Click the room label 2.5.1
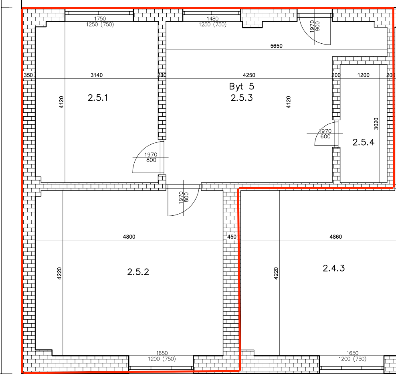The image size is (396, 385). pyautogui.click(x=98, y=98)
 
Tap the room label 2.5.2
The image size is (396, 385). pyautogui.click(x=138, y=272)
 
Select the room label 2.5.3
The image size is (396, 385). pyautogui.click(x=241, y=98)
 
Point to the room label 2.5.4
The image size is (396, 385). pyautogui.click(x=364, y=142)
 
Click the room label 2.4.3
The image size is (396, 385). pyautogui.click(x=333, y=268)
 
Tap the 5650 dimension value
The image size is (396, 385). pyautogui.click(x=276, y=46)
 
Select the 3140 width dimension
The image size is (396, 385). pyautogui.click(x=97, y=75)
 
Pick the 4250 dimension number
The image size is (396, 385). pyautogui.click(x=249, y=75)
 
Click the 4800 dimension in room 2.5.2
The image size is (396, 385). pyautogui.click(x=129, y=237)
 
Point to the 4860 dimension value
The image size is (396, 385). pyautogui.click(x=335, y=237)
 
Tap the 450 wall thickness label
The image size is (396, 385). pyautogui.click(x=232, y=237)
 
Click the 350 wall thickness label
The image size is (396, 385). pyautogui.click(x=28, y=75)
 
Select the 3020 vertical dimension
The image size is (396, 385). pyautogui.click(x=376, y=124)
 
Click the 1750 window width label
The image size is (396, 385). pyautogui.click(x=100, y=19)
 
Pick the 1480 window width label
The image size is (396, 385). pyautogui.click(x=212, y=19)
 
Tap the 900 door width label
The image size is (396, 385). pyautogui.click(x=318, y=26)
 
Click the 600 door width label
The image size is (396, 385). pyautogui.click(x=325, y=137)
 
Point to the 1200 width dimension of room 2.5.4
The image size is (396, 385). pyautogui.click(x=364, y=75)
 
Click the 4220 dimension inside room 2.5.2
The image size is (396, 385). pyautogui.click(x=59, y=274)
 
